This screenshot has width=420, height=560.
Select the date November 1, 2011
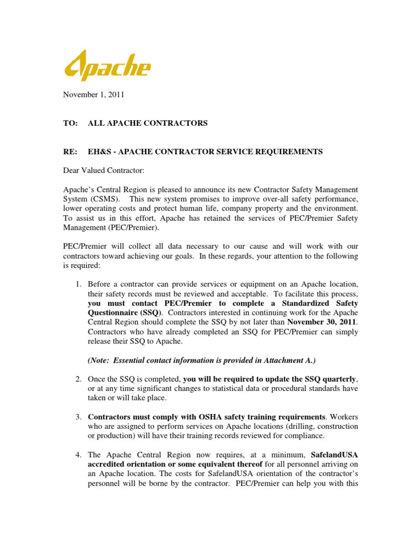click(x=93, y=95)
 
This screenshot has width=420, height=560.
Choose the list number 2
click(x=79, y=379)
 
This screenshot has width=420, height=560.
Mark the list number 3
click(x=79, y=417)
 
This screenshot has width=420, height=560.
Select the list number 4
click(x=79, y=454)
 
